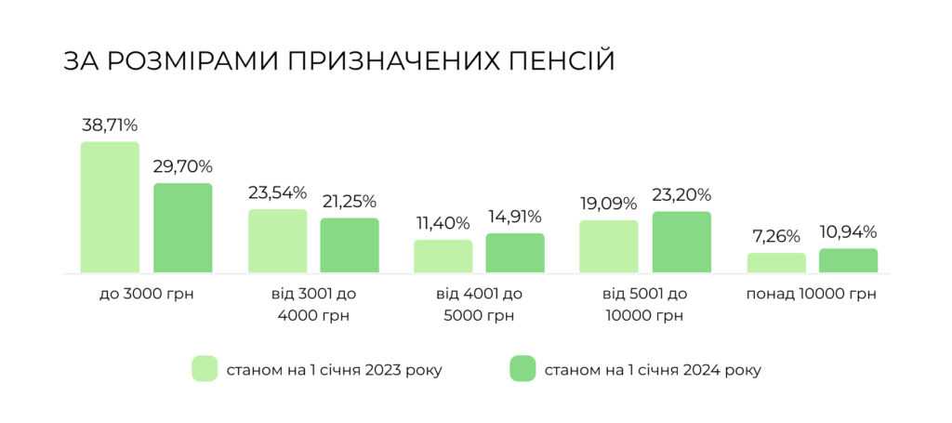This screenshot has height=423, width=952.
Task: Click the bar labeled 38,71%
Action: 110,207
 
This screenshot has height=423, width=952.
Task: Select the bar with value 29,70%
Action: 183,228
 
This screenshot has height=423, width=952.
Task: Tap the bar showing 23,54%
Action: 277,241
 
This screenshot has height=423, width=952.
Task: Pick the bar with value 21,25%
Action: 350,245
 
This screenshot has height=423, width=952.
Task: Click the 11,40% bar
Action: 443,257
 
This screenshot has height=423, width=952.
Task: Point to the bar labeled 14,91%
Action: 515,253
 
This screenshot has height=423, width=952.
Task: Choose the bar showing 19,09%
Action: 609,246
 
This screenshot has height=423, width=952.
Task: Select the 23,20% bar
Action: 681,243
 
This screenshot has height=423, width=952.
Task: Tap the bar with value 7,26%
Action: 776,263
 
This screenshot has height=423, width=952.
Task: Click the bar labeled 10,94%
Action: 848,260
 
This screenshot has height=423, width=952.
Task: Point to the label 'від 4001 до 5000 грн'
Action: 480,305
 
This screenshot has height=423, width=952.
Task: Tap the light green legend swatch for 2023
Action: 205,369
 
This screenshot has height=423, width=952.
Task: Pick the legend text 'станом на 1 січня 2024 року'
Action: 653,370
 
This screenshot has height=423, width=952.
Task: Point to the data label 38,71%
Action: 110,126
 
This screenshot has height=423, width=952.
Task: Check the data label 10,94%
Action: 848,232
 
